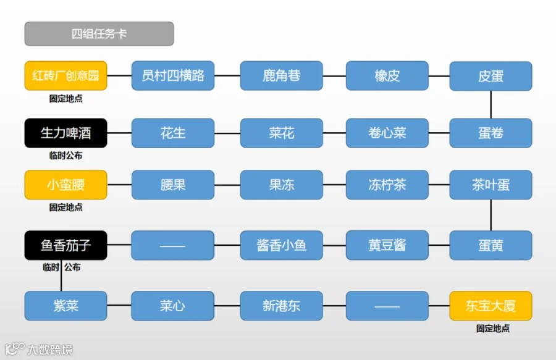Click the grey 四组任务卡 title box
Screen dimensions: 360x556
tap(99, 34)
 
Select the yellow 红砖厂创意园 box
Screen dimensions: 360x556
tap(65, 76)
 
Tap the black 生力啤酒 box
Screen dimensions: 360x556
tap(65, 133)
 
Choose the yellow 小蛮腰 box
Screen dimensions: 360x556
tap(65, 185)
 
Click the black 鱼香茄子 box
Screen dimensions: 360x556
tap(65, 245)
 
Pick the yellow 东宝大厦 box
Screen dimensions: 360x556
tap(491, 306)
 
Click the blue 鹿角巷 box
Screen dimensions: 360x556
tap(281, 76)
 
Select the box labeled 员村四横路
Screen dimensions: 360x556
tap(173, 76)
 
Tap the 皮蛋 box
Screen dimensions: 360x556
tap(491, 76)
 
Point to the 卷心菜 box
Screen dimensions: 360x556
tap(387, 133)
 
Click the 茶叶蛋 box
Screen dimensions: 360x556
tap(491, 185)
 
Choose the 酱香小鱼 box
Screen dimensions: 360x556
tap(281, 245)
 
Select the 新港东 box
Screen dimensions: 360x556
tap(281, 306)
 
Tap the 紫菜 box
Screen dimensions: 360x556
tap(65, 306)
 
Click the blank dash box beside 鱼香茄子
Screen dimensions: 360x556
tap(173, 245)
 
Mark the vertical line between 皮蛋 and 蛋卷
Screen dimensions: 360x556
tap(491, 104)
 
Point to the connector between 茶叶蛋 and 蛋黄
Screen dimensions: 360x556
tap(491, 215)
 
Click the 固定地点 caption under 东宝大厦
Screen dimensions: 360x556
tap(492, 329)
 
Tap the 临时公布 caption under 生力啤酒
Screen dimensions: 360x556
tap(65, 156)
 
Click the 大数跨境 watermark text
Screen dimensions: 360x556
tap(49, 350)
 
